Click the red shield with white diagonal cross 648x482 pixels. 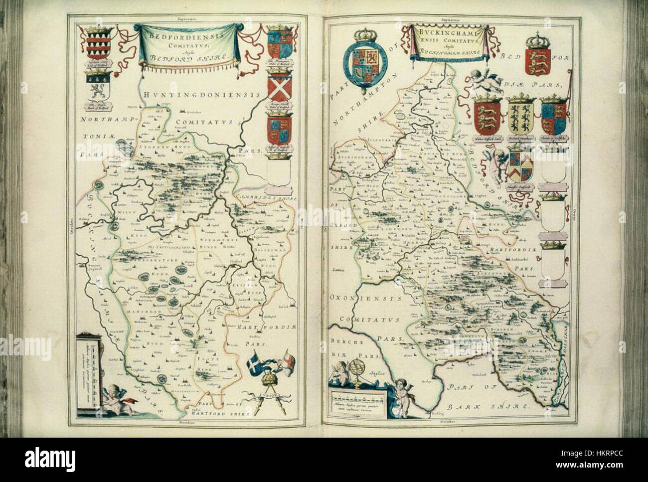279,89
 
